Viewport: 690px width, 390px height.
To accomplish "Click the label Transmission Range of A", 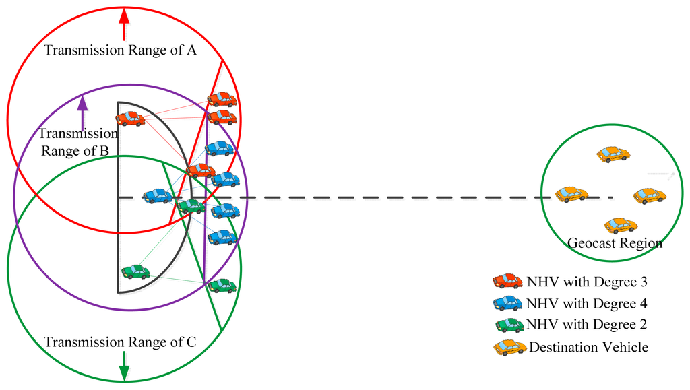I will [120, 51].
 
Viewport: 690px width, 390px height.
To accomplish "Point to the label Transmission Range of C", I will [120, 342].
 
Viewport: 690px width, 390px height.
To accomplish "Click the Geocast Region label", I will [615, 243].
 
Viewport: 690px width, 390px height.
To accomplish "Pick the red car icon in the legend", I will [507, 281].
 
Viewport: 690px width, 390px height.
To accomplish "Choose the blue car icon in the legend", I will [507, 303].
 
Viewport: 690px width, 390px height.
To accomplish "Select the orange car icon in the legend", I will [509, 348].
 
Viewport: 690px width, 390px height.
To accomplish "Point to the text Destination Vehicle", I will [588, 348].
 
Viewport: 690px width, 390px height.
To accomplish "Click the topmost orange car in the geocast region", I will [613, 154].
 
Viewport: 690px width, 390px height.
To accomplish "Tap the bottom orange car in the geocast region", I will [621, 225].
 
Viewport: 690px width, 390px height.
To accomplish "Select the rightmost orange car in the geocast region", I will [650, 196].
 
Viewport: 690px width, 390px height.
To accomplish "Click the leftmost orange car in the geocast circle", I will [571, 195].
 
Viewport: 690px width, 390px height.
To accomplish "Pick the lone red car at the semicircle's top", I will [130, 119].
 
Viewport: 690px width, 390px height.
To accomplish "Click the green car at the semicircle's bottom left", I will [135, 271].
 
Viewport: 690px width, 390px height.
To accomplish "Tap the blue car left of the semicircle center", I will [157, 196].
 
